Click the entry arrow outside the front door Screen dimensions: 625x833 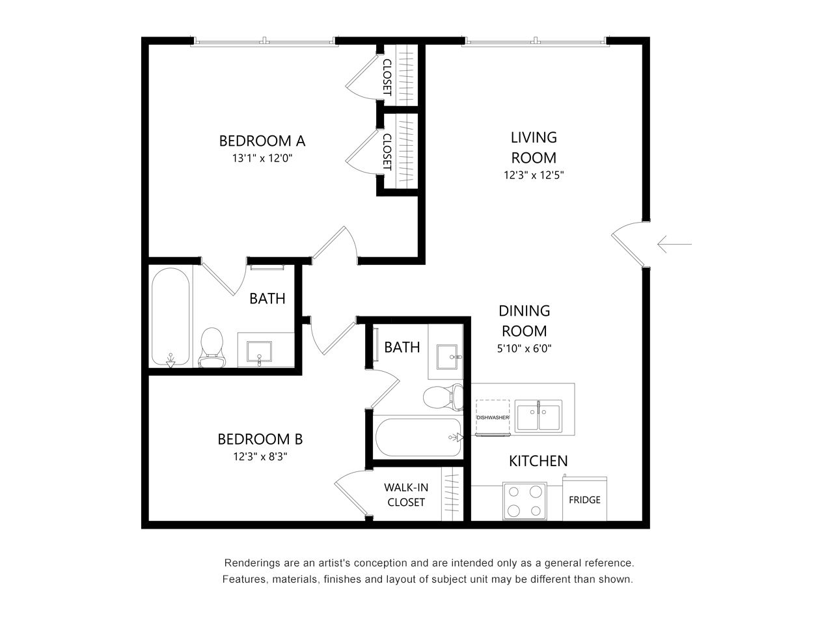pyautogui.click(x=674, y=245)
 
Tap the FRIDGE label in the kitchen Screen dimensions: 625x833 pyautogui.click(x=584, y=500)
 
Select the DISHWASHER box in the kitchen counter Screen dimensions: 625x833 pyautogui.click(x=493, y=416)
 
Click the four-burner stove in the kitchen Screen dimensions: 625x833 pyautogui.click(x=525, y=501)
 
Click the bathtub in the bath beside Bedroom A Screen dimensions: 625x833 pyautogui.click(x=171, y=317)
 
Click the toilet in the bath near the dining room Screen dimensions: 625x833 pyautogui.click(x=442, y=396)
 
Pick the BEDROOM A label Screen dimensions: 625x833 pyautogui.click(x=262, y=141)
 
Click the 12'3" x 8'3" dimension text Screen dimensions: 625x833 pyautogui.click(x=260, y=456)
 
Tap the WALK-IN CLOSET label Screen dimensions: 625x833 pyautogui.click(x=406, y=495)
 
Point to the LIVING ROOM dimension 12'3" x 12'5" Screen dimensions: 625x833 pyautogui.click(x=534, y=175)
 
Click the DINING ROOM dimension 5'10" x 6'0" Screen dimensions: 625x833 pyautogui.click(x=524, y=348)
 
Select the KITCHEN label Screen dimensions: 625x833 pyautogui.click(x=538, y=461)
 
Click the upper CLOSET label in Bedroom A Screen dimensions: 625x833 pyautogui.click(x=387, y=77)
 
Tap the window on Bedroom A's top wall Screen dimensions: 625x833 pyautogui.click(x=265, y=42)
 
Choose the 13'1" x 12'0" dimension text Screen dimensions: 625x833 pyautogui.click(x=262, y=158)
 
